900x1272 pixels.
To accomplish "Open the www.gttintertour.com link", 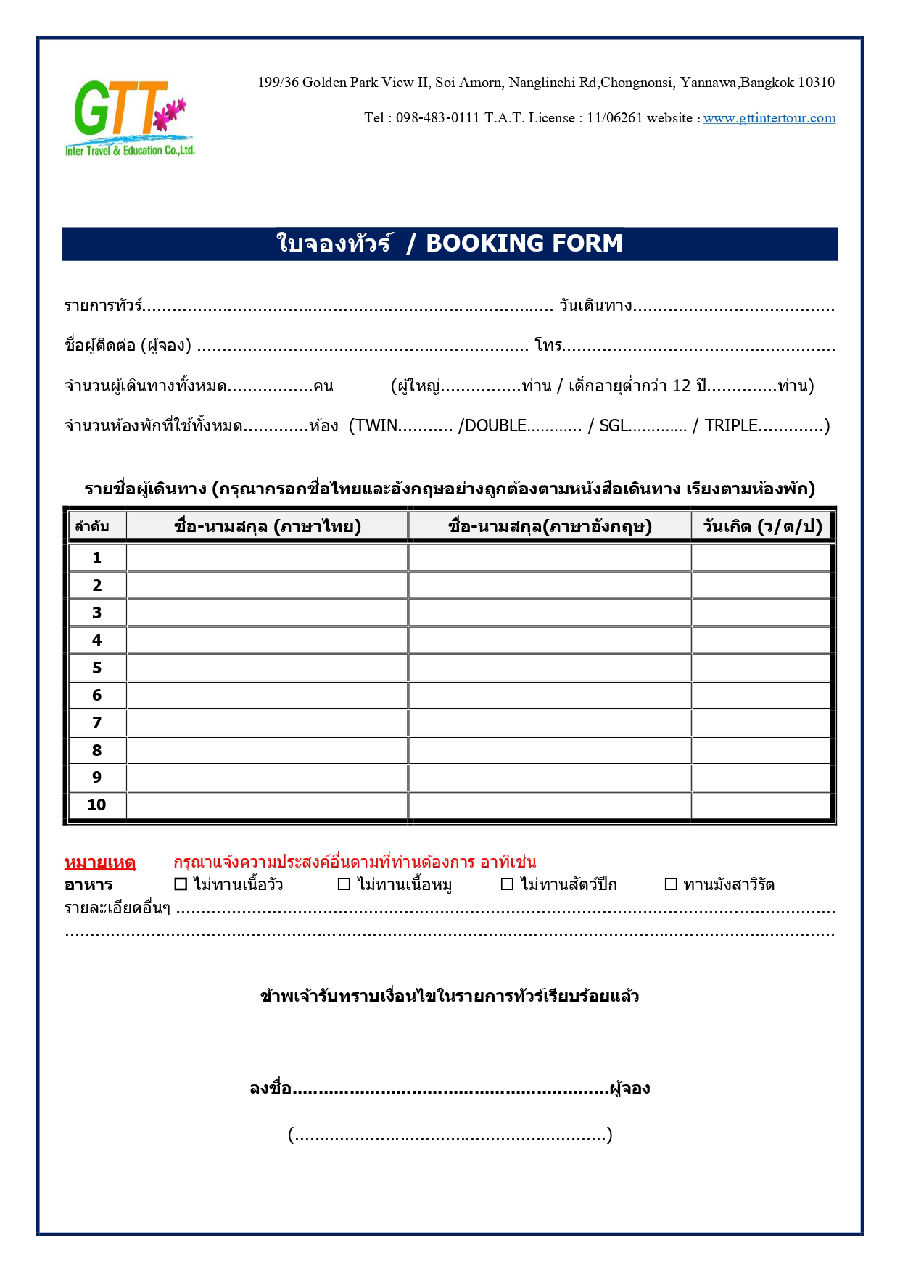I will pos(769,118).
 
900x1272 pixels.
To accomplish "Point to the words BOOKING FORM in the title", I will pos(524,244).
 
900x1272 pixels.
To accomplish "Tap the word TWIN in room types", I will pos(376,425).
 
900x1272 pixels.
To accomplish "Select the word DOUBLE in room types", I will pos(495,425).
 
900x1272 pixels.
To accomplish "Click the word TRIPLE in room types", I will pos(731,425).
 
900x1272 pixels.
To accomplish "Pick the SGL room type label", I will pos(614,425).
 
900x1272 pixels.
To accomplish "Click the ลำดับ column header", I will pos(93,526).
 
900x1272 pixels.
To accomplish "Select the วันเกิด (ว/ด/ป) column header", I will pos(762,526).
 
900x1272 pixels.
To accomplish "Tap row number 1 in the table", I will pos(97,557).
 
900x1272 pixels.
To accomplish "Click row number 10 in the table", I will pos(97,805).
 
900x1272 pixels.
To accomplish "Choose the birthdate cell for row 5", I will pos(761,668).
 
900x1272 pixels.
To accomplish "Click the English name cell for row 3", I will pos(550,612).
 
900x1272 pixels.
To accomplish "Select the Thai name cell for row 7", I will pos(267,723).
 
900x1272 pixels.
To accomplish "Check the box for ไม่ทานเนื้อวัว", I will pos(181,884).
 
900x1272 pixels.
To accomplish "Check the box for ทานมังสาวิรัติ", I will pos(671,884).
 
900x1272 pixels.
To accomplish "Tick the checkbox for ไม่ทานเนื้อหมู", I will pos(344,884).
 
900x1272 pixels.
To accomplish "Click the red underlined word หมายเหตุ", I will pos(100,862).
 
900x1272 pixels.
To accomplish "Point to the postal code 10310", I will pos(816,83).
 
